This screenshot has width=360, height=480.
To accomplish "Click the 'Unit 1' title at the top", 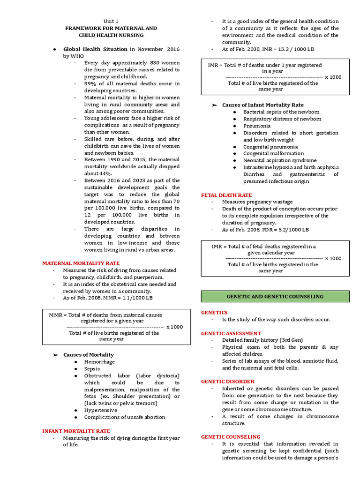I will pyautogui.click(x=111, y=21).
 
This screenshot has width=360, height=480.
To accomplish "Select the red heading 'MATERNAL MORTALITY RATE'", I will pyautogui.click(x=81, y=263).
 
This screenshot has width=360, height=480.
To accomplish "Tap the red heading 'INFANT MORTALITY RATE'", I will pyautogui.click(x=76, y=431).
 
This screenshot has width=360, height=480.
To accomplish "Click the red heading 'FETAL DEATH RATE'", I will pyautogui.click(x=226, y=195).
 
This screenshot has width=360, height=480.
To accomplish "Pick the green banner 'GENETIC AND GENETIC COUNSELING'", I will pyautogui.click(x=275, y=297).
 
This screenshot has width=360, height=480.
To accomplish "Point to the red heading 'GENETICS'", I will pyautogui.click(x=214, y=312).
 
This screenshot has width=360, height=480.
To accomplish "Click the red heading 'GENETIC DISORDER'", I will pyautogui.click(x=228, y=382).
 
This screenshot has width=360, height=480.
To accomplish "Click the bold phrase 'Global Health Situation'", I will pyautogui.click(x=95, y=49).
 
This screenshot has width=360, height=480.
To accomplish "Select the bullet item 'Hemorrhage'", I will pyautogui.click(x=99, y=362).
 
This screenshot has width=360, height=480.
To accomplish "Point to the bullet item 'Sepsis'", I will pyautogui.click(x=93, y=369).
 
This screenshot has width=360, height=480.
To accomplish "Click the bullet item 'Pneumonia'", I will pyautogui.click(x=256, y=126).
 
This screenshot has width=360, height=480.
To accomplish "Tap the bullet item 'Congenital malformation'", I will pyautogui.click(x=273, y=153).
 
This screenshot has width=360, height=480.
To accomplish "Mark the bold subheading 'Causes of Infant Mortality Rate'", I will pyautogui.click(x=262, y=105).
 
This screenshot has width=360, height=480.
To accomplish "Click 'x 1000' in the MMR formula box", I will pyautogui.click(x=174, y=327).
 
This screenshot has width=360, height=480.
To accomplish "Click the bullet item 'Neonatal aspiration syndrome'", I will pyautogui.click(x=280, y=160).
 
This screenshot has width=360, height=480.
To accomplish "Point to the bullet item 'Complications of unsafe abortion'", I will pyautogui.click(x=125, y=417).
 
